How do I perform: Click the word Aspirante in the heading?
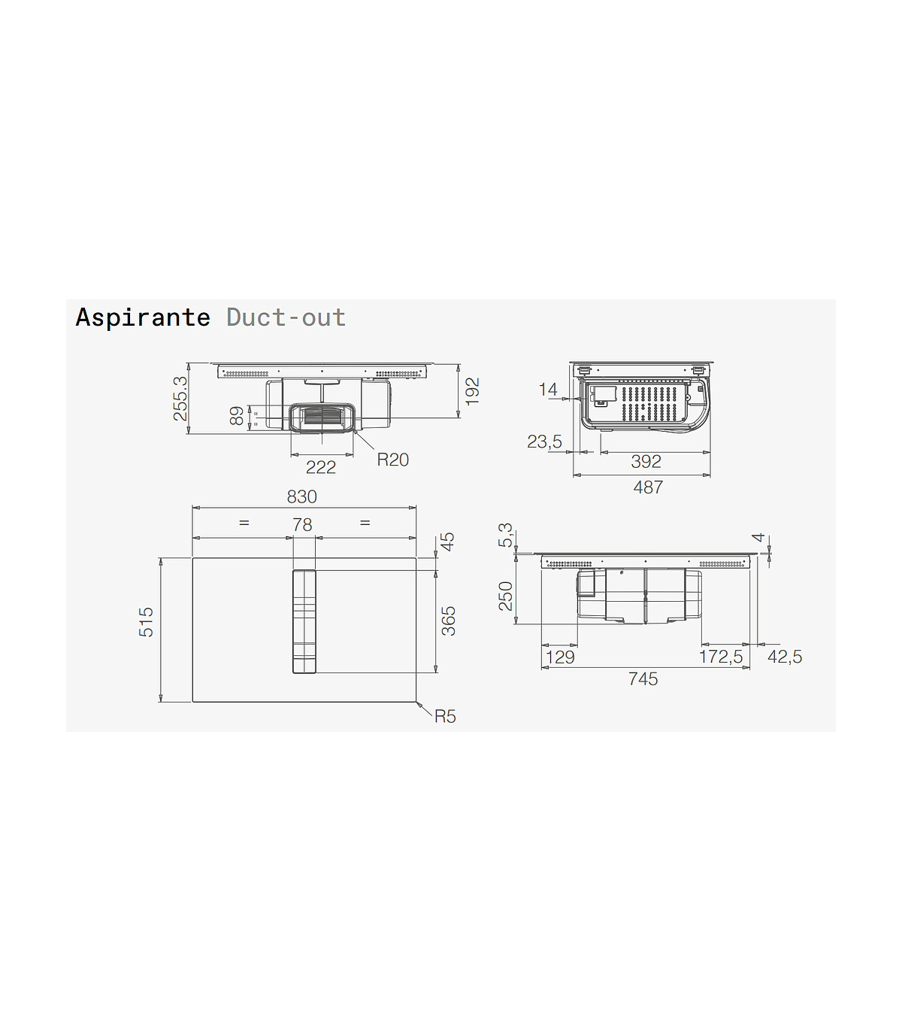143,318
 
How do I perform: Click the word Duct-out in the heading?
286,317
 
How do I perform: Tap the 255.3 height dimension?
180,399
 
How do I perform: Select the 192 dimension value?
472,391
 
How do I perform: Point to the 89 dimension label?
236,416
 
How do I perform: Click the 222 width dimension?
321,468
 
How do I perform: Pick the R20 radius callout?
393,460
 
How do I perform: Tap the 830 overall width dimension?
302,497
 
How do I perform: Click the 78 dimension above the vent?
302,525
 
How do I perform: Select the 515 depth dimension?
146,622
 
